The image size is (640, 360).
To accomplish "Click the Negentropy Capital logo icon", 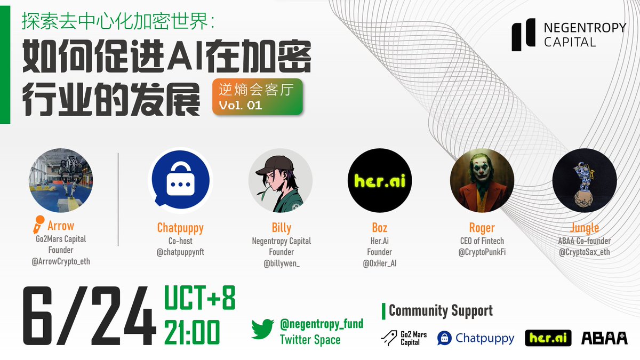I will pos(524,36).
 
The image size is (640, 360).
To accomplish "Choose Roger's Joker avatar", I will pos(482,180).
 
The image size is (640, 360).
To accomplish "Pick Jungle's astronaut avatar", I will pos(585,180).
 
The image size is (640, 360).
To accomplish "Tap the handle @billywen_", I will pos(281,263).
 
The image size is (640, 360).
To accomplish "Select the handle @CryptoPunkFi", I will pos(482,252).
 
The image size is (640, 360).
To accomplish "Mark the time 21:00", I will pos(192,332).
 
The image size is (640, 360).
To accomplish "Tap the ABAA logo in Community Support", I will pos(604,338).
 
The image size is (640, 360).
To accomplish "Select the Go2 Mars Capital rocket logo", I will pos(388,337).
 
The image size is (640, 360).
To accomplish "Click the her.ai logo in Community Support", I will pos(548,338).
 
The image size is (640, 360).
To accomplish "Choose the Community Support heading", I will pos(441,310).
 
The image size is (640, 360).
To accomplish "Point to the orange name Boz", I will pos(380,228).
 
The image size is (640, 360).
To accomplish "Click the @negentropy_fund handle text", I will pos(322,323).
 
